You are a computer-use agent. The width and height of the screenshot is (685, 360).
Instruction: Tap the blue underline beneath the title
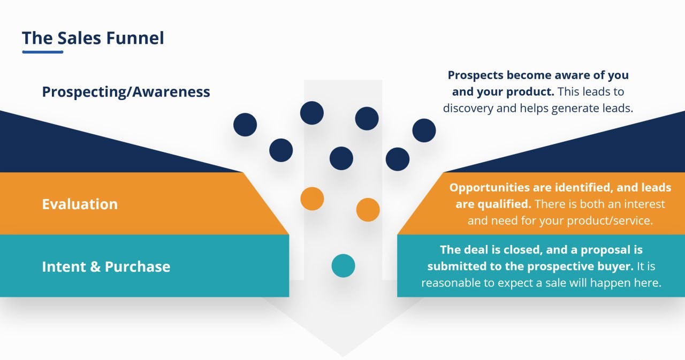pyautogui.click(x=43, y=52)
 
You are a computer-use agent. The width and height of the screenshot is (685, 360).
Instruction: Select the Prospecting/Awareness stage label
pyautogui.click(x=126, y=92)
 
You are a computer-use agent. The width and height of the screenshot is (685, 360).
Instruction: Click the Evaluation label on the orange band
pyautogui.click(x=80, y=204)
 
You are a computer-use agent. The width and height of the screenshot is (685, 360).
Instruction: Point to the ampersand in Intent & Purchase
pyautogui.click(x=94, y=267)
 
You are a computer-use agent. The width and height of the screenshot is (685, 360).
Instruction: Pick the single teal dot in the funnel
pyautogui.click(x=343, y=266)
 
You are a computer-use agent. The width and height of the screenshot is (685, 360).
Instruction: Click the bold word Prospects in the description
pyautogui.click(x=476, y=75)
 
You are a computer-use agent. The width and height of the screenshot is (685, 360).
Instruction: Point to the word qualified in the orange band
pyautogui.click(x=503, y=204)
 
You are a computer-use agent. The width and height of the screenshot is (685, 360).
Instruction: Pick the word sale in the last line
pyautogui.click(x=568, y=283)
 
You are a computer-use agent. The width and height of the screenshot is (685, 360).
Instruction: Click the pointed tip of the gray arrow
pyautogui.click(x=343, y=355)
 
